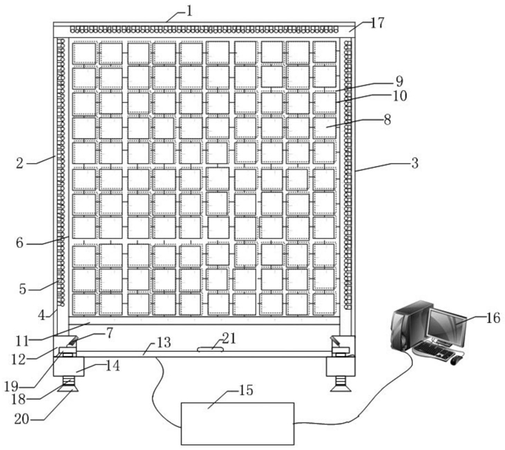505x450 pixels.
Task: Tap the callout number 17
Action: (x=377, y=22)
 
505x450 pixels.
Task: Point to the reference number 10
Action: (x=399, y=95)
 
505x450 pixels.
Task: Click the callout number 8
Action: (x=388, y=118)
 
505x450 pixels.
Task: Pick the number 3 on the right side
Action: (x=415, y=164)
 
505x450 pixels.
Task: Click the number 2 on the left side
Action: (x=21, y=163)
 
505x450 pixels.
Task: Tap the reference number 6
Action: (x=20, y=243)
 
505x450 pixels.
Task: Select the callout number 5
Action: (x=22, y=289)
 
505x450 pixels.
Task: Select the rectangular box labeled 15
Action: (x=237, y=423)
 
